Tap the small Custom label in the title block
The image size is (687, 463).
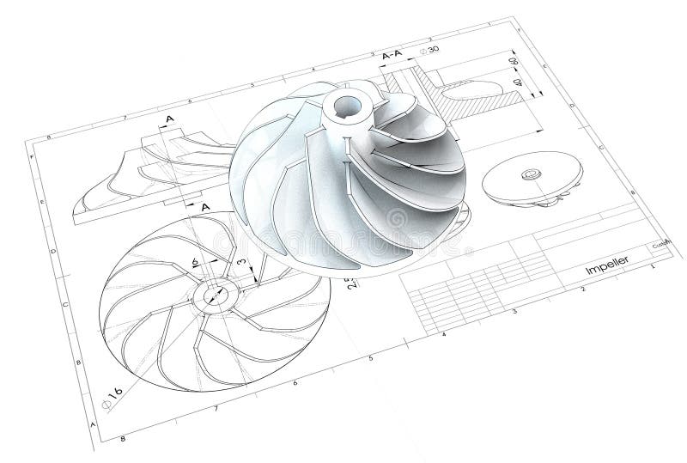[660, 244]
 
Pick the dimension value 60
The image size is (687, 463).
[514, 64]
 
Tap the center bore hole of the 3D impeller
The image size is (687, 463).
[350, 107]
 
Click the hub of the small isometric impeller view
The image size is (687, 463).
[526, 176]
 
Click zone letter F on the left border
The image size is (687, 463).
[32, 157]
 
